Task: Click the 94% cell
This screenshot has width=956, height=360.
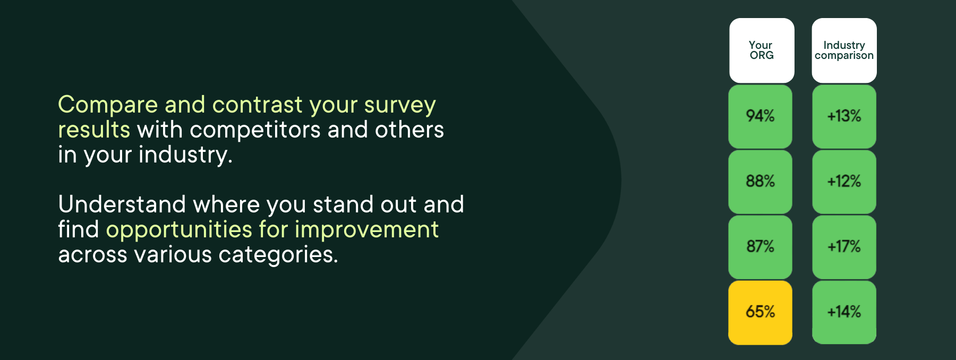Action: click(x=760, y=116)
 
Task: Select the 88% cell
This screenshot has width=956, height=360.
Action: click(x=760, y=182)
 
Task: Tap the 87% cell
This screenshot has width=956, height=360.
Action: click(x=760, y=247)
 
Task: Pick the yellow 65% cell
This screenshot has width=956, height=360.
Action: click(x=760, y=312)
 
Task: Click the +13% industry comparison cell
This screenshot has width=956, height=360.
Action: click(x=844, y=116)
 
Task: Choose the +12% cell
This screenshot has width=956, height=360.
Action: click(x=844, y=182)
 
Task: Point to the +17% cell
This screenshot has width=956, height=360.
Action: click(x=844, y=247)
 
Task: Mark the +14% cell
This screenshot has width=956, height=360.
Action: click(x=844, y=312)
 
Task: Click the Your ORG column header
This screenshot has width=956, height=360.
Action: click(x=762, y=50)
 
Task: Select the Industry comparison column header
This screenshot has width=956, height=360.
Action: click(x=844, y=50)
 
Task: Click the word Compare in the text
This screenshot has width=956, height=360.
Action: click(x=108, y=105)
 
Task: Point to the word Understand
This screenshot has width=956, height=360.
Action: click(x=122, y=205)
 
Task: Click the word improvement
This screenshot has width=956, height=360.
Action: click(x=366, y=230)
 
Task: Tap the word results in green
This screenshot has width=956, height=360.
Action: click(x=94, y=130)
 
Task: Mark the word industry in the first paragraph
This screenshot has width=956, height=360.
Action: click(x=185, y=155)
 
